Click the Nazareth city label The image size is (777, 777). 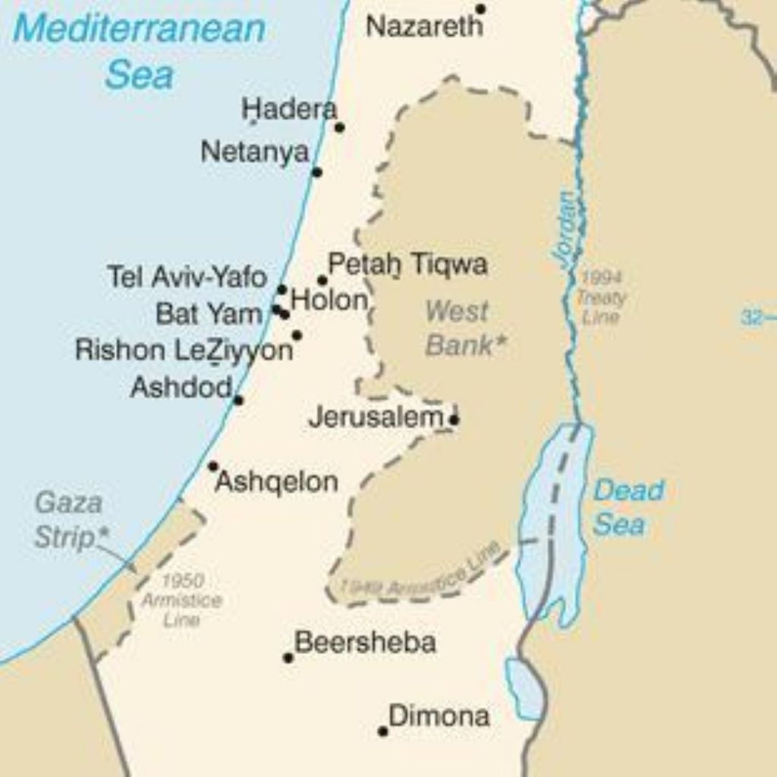pos(423,27)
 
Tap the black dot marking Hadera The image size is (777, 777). pos(339,127)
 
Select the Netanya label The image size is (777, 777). pos(255,153)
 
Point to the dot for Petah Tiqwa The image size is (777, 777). pos(322,281)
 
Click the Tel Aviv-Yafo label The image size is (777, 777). pos(187,277)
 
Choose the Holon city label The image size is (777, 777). pos(329,300)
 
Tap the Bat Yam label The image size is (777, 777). pos(209,313)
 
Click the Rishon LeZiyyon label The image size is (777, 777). pos(184,351)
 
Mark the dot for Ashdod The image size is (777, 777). pos(238,400)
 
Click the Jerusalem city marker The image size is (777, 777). pos(454,420)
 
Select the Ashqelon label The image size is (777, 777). pos(276,482)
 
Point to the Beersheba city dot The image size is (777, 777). pos(288,658)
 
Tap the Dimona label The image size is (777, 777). pos(439,716)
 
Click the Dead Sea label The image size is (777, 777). pos(628,507)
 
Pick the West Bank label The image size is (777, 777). pos(462,328)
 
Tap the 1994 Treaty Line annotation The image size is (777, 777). pos(601,297)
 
